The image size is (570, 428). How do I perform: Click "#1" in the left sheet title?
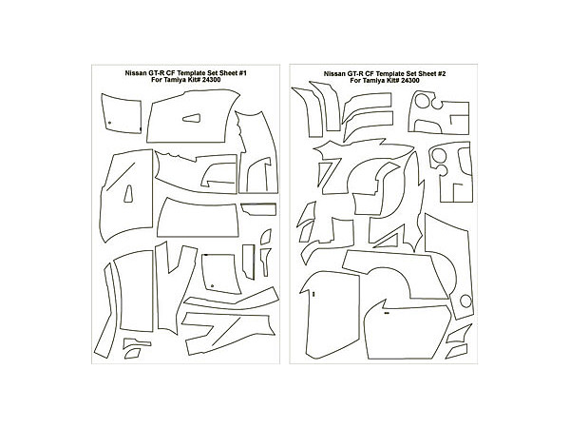click(x=243, y=73)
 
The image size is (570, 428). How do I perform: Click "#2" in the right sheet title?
click(x=442, y=74)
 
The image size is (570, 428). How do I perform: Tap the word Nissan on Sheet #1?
click(x=135, y=73)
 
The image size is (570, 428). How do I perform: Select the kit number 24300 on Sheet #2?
click(x=409, y=81)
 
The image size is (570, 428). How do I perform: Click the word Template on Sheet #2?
click(x=385, y=74)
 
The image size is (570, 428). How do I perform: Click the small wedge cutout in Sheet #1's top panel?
click(x=192, y=118)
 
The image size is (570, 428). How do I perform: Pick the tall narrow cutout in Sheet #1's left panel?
click(x=128, y=194)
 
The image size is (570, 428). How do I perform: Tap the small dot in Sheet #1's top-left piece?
click(x=109, y=123)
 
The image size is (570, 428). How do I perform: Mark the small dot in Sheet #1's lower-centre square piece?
click(x=212, y=285)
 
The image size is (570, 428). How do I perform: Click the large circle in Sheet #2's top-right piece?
click(x=423, y=101)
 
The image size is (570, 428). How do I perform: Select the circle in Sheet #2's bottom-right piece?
click(x=465, y=301)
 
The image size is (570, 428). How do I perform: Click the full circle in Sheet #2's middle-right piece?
click(x=439, y=155)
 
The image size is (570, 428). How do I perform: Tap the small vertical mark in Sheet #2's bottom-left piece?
click(x=313, y=293)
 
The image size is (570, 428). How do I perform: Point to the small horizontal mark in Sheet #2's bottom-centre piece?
click(x=387, y=312)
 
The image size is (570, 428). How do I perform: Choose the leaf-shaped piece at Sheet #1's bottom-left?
click(x=132, y=354)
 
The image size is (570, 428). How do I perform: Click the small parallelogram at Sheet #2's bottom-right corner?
click(x=457, y=352)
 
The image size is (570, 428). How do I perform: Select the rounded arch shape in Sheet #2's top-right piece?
click(x=427, y=126)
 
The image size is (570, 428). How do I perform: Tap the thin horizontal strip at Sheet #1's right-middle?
click(x=258, y=209)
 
